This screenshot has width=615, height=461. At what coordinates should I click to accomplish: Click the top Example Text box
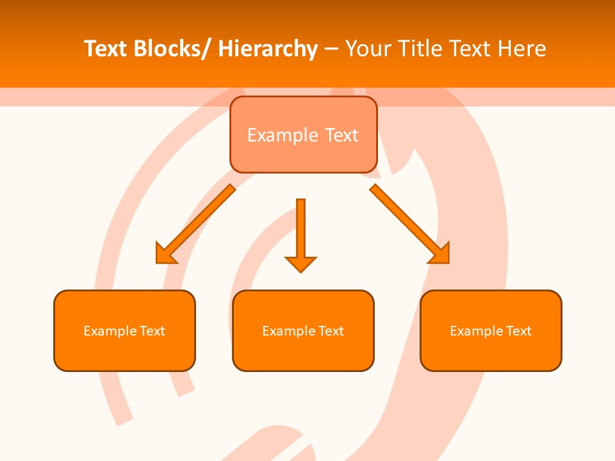click(303, 134)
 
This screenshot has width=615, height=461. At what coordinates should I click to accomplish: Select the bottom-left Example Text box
click(124, 330)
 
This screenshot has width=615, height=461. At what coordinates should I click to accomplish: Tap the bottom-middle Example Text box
click(303, 330)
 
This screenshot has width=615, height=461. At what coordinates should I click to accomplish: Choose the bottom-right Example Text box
click(491, 330)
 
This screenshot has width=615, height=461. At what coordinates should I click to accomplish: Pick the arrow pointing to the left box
click(195, 224)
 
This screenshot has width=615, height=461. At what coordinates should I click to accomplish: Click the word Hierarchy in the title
click(268, 49)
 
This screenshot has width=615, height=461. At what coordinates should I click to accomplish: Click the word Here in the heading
click(523, 49)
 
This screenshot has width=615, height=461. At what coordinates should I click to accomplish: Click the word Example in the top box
click(283, 135)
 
